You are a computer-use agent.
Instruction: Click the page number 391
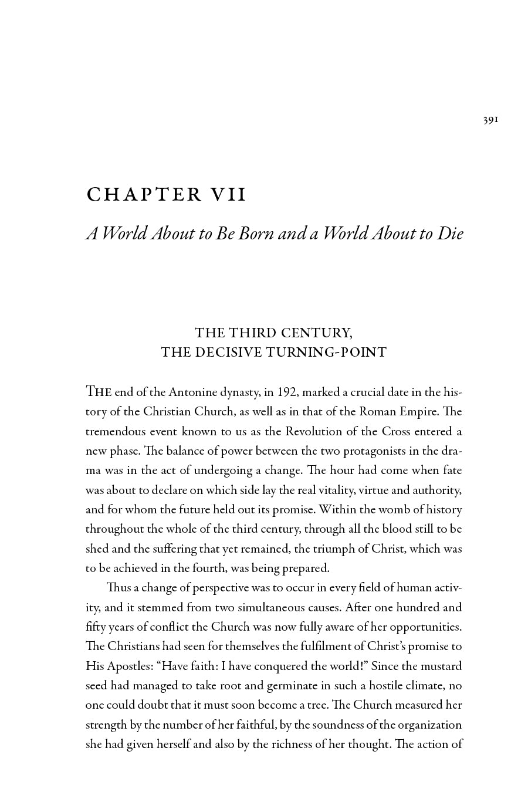click(490, 120)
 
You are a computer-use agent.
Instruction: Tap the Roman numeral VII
click(227, 195)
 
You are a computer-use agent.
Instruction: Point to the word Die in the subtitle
click(450, 233)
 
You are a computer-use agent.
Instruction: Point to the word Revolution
click(315, 432)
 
